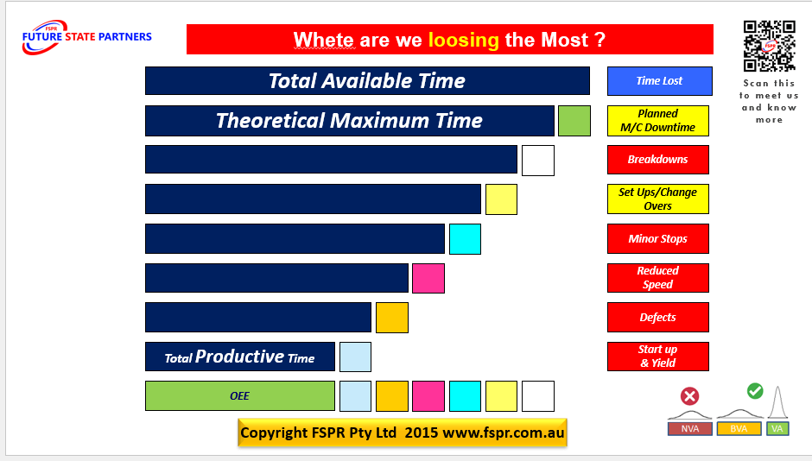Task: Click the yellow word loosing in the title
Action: (463, 40)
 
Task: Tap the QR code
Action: (769, 46)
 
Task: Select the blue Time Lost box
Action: (659, 81)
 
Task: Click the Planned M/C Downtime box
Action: (657, 121)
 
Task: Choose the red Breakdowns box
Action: (657, 160)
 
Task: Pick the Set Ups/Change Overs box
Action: (657, 199)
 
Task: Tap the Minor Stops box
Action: (657, 239)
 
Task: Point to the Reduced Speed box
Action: (657, 278)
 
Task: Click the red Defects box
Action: (657, 318)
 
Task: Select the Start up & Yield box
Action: (657, 357)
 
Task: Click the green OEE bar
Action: (239, 396)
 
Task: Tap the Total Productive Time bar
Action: (239, 357)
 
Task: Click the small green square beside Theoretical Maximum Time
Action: (574, 121)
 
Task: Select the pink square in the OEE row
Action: (428, 396)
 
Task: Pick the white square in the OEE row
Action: (537, 396)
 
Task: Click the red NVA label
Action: (689, 429)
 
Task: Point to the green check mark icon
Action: (754, 391)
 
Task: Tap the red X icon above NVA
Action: (689, 396)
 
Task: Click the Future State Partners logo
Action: (86, 37)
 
